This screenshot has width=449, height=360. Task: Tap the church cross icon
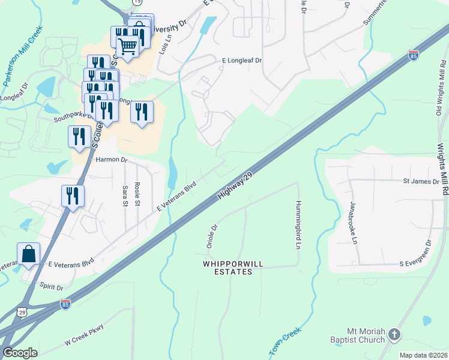[x=394, y=334]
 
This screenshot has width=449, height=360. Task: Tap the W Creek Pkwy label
[x=83, y=335]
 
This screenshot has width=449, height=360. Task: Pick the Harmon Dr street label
[x=112, y=160]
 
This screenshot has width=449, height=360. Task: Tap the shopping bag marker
[x=29, y=254]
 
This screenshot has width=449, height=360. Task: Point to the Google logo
[x=20, y=353]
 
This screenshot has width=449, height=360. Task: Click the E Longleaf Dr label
[x=243, y=61]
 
